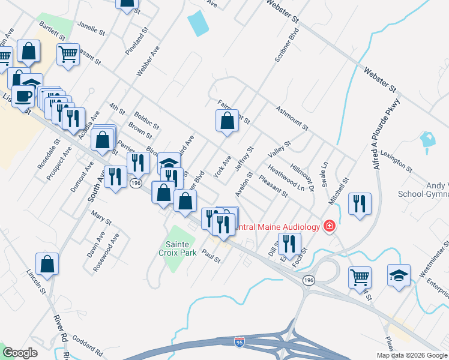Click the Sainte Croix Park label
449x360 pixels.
[178, 249]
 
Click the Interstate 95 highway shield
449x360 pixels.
[239, 341]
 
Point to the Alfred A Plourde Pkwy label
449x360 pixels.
[388, 134]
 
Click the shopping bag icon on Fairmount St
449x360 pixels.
[227, 122]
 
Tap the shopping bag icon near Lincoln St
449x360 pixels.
[47, 265]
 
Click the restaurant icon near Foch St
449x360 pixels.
[290, 244]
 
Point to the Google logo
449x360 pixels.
[20, 353]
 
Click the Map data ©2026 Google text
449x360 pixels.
[412, 355]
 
